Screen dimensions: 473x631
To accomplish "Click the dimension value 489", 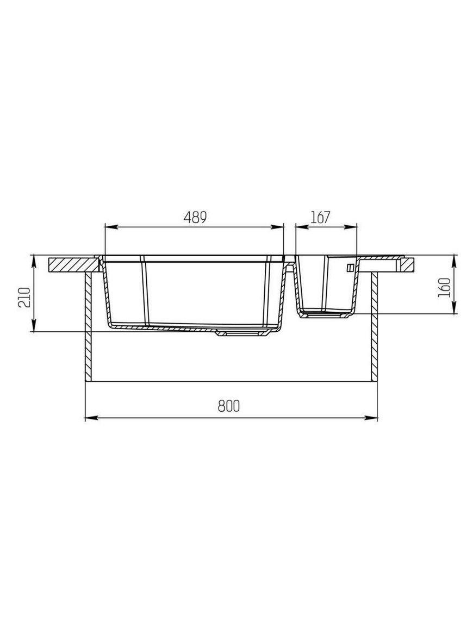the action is pyautogui.click(x=195, y=217).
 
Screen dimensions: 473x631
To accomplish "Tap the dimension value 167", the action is pyautogui.click(x=320, y=217).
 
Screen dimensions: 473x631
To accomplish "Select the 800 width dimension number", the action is pyautogui.click(x=228, y=406).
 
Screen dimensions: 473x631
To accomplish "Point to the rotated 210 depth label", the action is pyautogui.click(x=24, y=297).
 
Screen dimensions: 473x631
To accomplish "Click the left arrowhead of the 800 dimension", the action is pyautogui.click(x=91, y=418).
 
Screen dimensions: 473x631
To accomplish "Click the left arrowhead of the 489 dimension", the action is pyautogui.click(x=110, y=227).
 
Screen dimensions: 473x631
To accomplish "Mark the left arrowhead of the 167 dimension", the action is pyautogui.click(x=302, y=227).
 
